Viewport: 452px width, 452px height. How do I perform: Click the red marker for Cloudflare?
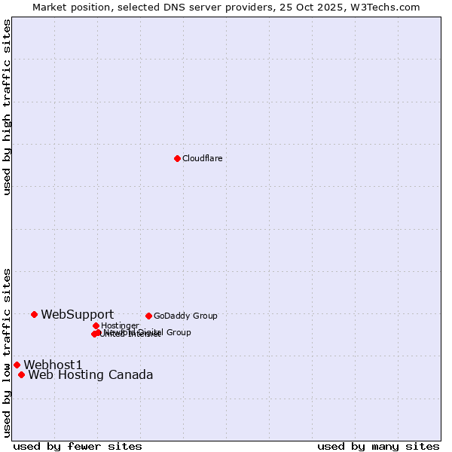coord(177,158)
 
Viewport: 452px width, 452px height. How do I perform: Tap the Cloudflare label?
coord(202,158)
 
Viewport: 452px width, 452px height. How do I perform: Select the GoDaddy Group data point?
coord(148,316)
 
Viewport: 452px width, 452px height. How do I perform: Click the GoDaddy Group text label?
coord(185,316)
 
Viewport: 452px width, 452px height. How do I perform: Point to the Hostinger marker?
coord(96,325)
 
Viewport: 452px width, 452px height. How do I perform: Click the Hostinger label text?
coord(120,325)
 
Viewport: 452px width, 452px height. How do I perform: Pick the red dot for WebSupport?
coord(35,314)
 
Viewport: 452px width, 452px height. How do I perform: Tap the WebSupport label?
coord(77,314)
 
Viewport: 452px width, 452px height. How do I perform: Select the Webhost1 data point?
coord(17,365)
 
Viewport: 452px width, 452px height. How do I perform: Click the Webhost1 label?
coord(53,365)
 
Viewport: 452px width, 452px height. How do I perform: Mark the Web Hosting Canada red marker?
coord(21,374)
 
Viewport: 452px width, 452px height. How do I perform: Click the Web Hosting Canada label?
coord(90,374)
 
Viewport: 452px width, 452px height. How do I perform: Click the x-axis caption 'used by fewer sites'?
coord(78,446)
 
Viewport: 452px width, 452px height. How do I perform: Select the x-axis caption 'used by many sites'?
coord(378,446)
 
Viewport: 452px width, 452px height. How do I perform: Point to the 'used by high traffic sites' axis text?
coord(7,107)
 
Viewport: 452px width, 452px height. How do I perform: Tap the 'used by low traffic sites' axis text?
coord(7,352)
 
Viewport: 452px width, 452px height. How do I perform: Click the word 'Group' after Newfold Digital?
coord(179,332)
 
